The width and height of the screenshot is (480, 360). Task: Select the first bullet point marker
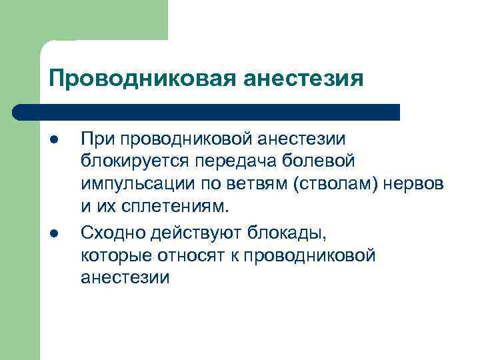click(52, 139)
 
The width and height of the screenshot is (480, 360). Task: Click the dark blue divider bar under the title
click(207, 111)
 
